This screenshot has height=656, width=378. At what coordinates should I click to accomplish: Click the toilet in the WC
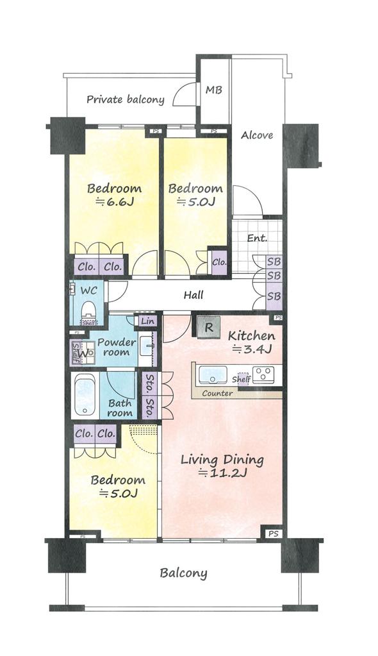pos(88,310)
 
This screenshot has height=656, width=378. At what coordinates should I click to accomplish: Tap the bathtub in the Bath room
pos(85,394)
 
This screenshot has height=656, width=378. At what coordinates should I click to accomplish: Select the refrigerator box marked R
pos(209,327)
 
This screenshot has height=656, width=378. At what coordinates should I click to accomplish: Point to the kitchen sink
pos(213,374)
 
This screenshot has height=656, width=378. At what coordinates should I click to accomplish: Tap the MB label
pos(214,90)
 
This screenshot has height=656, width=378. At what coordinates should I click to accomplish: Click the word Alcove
pos(257,135)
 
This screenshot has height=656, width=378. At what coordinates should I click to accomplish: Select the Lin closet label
pos(147,321)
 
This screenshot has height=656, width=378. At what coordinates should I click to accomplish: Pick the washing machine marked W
pos(85,353)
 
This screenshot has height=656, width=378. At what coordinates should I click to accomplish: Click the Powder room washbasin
pos(147,346)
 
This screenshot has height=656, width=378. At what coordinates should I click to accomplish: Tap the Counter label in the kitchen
pos(217,393)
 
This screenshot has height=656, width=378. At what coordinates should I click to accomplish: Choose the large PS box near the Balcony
pos(273,534)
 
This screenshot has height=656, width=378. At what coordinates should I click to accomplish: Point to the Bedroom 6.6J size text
pos(115,202)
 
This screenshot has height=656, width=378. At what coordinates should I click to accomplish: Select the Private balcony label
pos(126,99)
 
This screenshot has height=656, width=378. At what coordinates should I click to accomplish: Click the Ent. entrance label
pos(257,238)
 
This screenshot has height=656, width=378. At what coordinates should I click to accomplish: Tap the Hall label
pos(193,295)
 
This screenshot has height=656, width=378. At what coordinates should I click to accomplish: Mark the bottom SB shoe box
pos(274,296)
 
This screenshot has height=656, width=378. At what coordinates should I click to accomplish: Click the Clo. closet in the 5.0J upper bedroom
pos(219,262)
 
